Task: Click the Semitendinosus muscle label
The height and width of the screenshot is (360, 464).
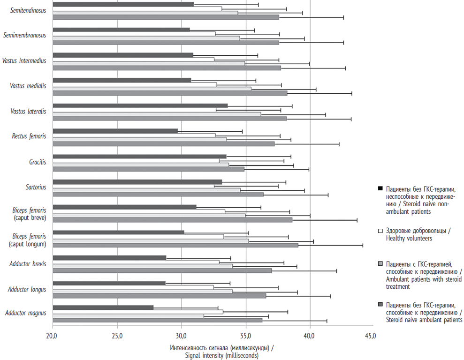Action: [29, 10]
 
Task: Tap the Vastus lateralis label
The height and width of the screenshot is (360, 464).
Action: [29, 111]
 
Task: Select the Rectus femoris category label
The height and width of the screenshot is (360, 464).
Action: [29, 136]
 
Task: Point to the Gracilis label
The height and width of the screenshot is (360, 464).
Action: [37, 162]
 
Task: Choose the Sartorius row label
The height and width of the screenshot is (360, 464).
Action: [36, 187]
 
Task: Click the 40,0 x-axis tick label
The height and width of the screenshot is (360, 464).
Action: [309, 336]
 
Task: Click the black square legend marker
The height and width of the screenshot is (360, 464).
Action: [380, 189]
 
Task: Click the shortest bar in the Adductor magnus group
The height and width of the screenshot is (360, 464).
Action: [103, 307]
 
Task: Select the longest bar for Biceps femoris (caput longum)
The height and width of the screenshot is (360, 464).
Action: [175, 245]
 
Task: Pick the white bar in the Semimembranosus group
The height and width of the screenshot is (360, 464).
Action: [134, 34]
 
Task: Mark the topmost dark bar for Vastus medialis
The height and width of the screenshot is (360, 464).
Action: [122, 80]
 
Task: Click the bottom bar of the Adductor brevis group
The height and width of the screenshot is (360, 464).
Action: [162, 270]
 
